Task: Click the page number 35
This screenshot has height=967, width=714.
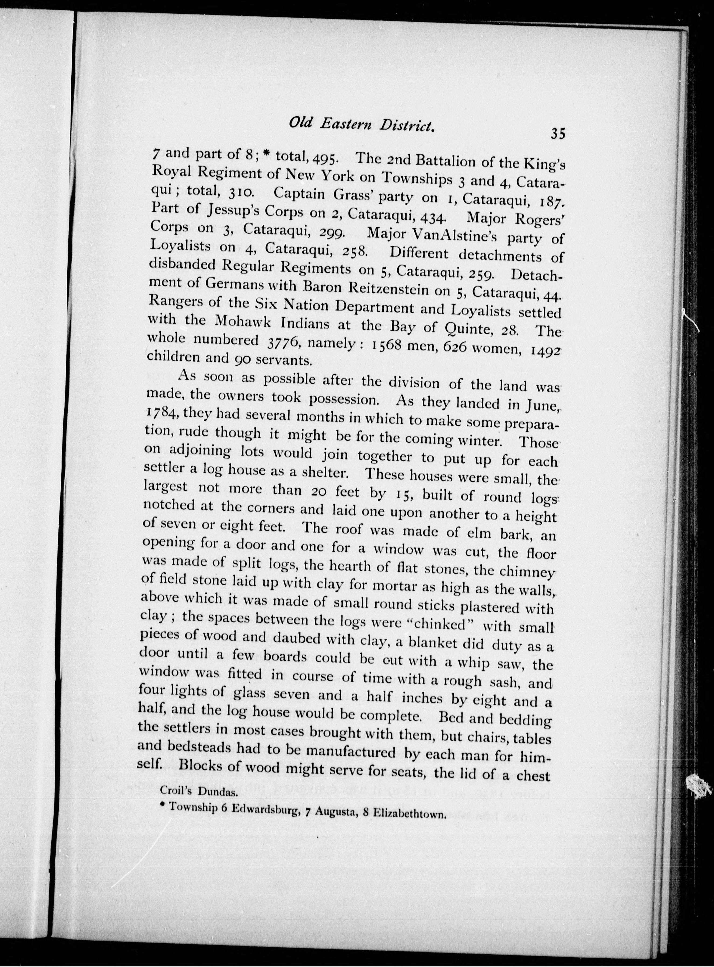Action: click(x=558, y=134)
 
